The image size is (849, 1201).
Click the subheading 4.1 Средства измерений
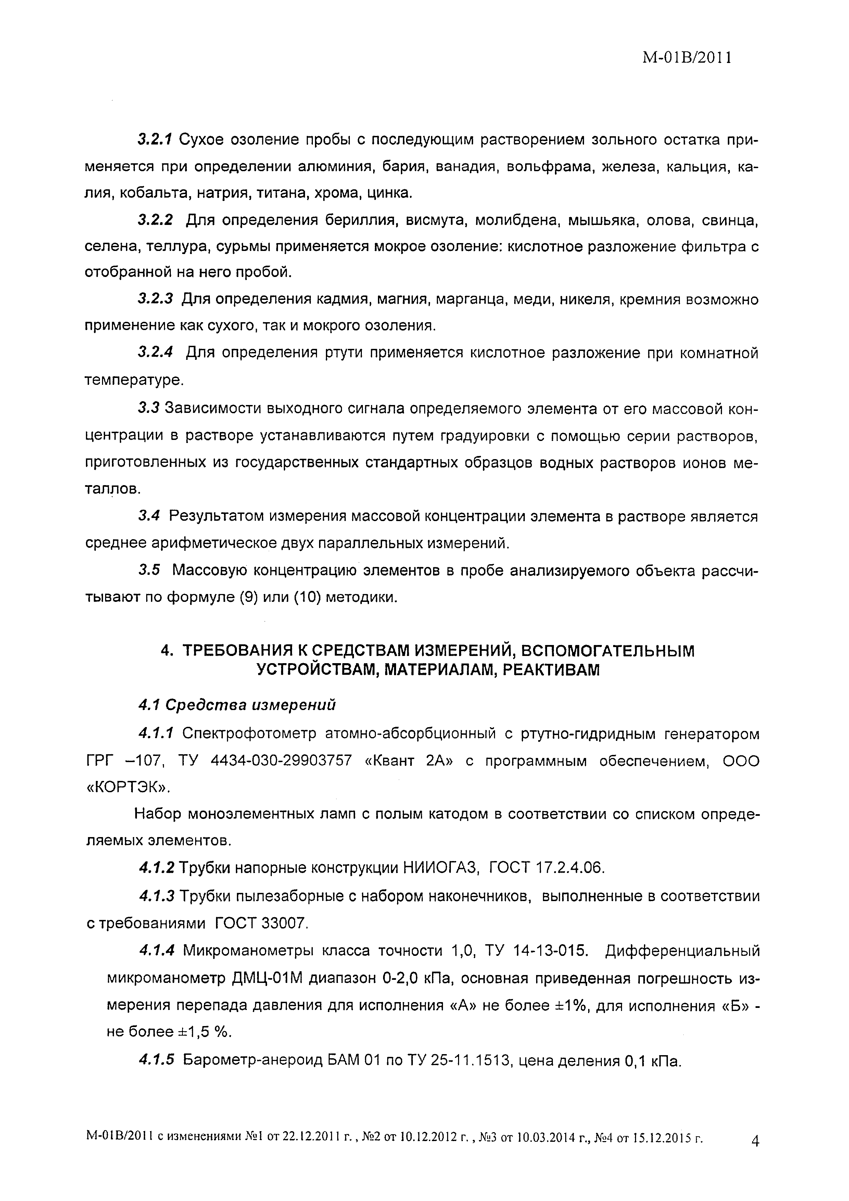pyautogui.click(x=237, y=706)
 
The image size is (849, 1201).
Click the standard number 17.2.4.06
pyautogui.click(x=571, y=868)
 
